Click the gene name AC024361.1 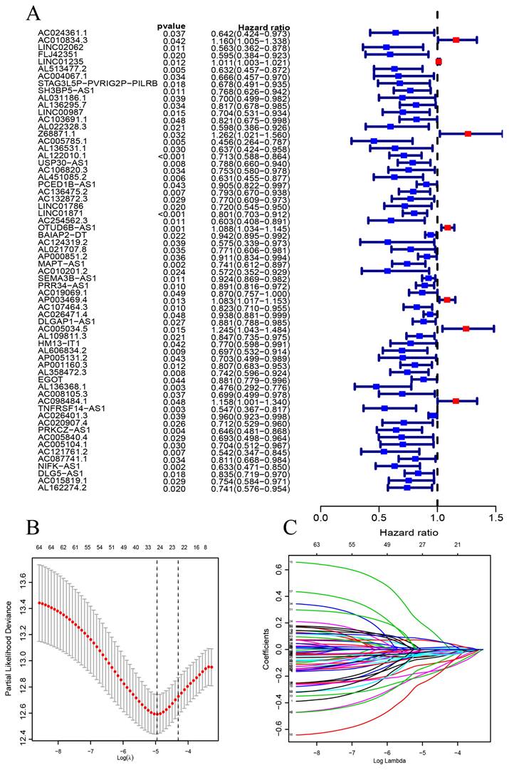click(x=63, y=33)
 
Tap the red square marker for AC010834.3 click(x=456, y=40)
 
